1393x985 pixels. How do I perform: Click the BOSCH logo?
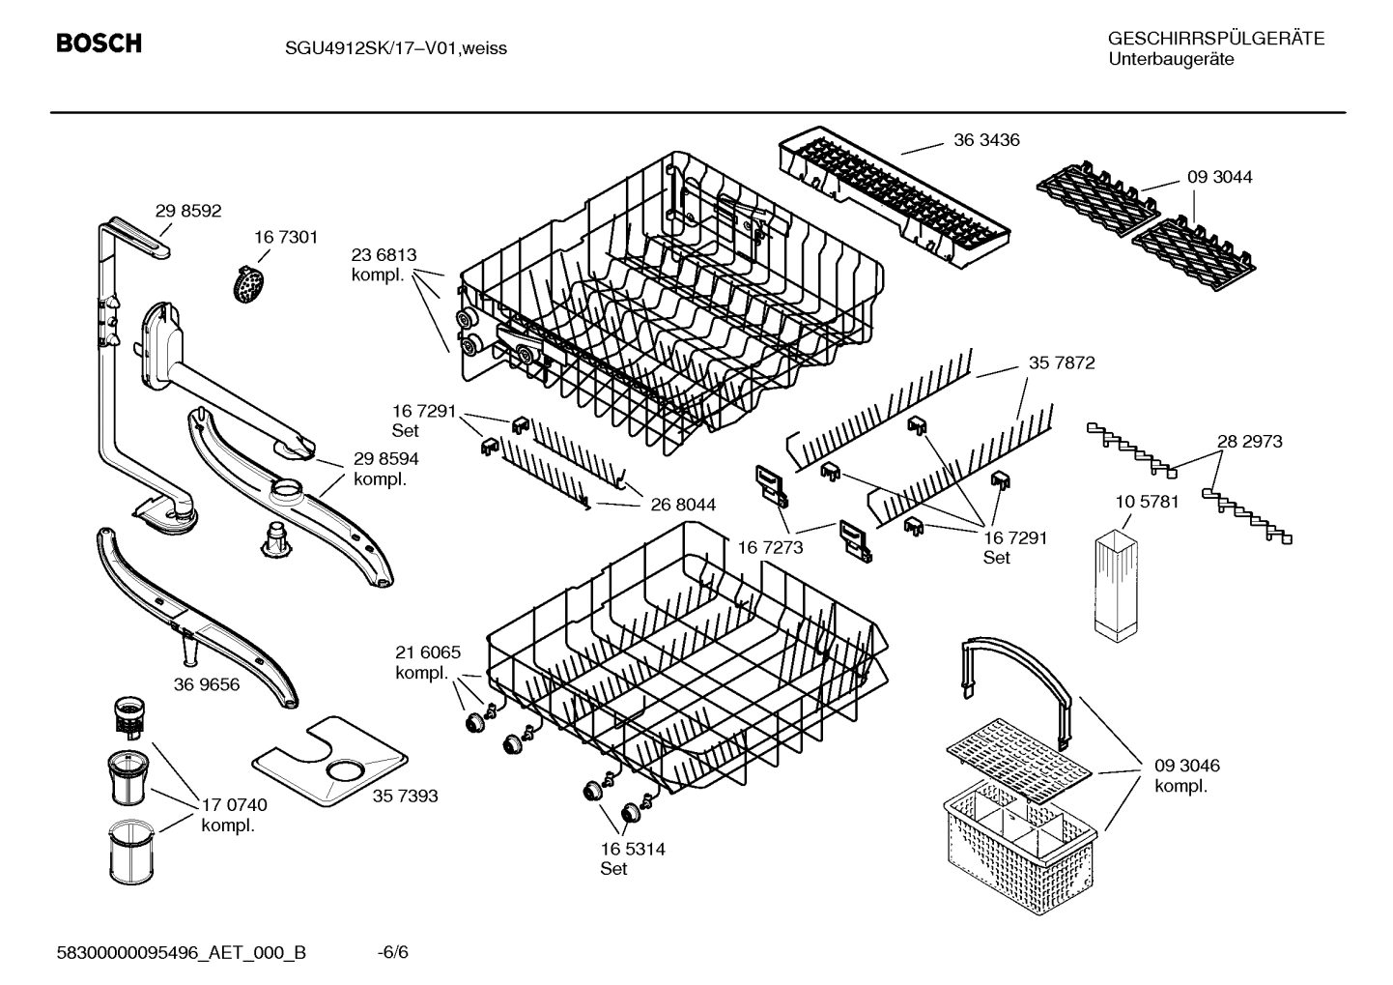click(99, 43)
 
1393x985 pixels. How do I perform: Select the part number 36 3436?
click(985, 140)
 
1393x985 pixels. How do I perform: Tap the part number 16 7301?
click(286, 237)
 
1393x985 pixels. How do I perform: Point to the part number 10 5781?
click(1147, 502)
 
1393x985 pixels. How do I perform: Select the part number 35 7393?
click(405, 796)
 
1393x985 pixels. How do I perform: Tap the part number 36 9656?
click(207, 684)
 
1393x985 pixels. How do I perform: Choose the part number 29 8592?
click(188, 211)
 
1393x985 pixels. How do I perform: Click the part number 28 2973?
click(1249, 441)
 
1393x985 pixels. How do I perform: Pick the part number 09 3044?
click(1219, 177)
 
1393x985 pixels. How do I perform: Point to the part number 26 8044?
click(683, 505)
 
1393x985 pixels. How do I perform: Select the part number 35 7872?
click(1062, 363)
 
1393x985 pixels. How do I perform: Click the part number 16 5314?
click(632, 849)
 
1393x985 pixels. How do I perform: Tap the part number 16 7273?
click(770, 547)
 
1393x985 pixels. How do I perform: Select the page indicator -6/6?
click(392, 952)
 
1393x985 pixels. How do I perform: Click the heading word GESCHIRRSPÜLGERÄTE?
click(1215, 39)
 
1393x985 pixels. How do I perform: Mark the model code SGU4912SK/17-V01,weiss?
click(382, 48)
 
